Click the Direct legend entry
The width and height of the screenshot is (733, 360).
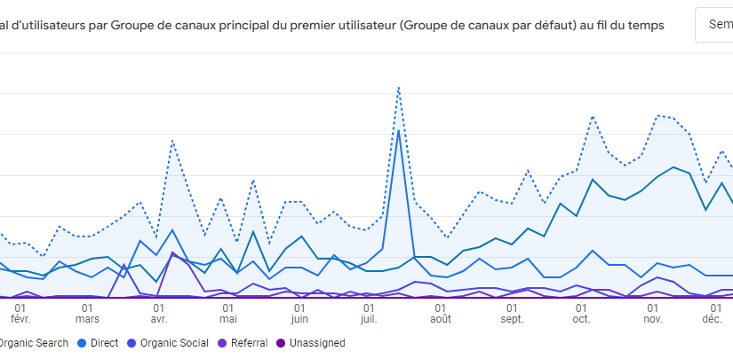105,342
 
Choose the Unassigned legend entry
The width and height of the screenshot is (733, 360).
310,342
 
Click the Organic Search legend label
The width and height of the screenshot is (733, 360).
33,342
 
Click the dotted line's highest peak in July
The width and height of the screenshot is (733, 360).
399,87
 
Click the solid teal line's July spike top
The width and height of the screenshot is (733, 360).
399,130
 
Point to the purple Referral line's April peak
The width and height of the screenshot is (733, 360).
173,253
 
